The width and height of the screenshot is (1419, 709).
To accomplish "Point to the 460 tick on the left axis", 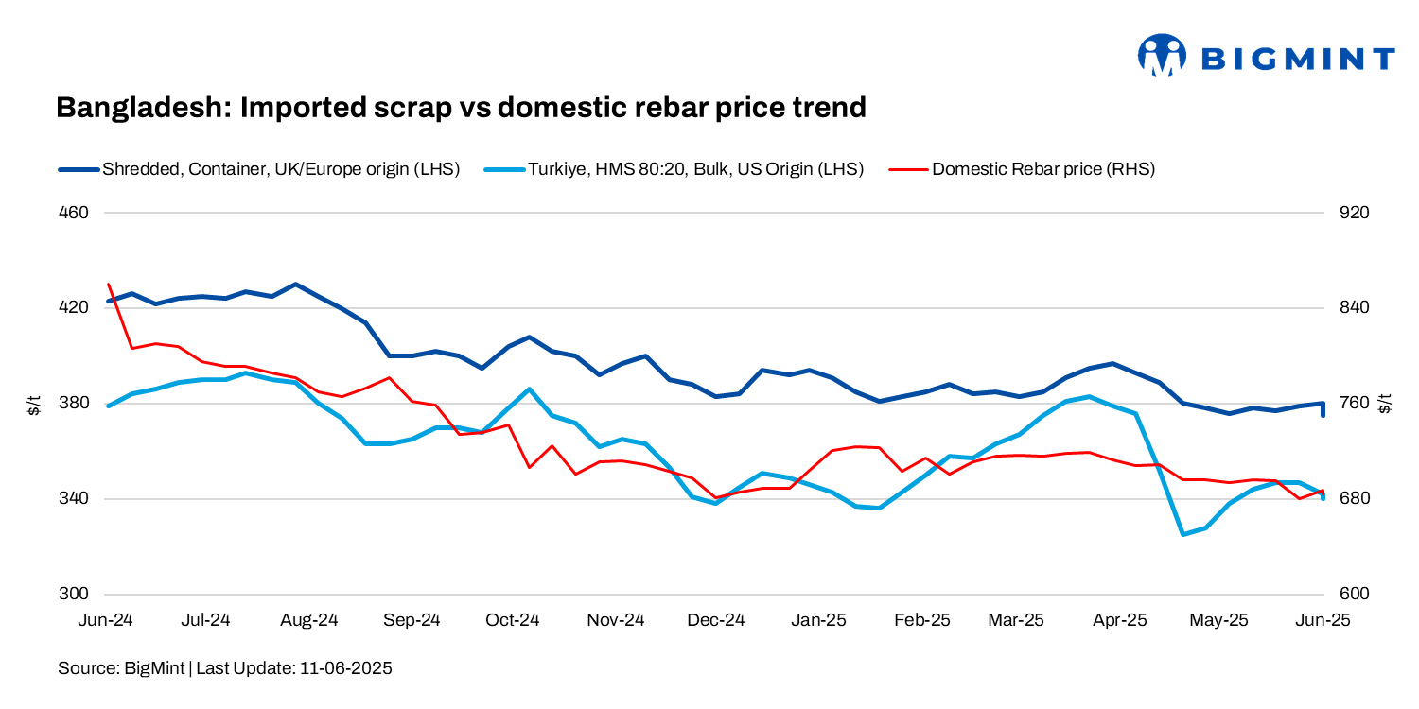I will [74, 213].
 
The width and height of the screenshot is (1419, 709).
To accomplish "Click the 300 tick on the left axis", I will [74, 595].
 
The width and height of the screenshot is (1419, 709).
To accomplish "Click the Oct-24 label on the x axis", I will [513, 621].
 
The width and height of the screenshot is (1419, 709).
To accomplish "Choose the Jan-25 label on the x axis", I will [818, 621].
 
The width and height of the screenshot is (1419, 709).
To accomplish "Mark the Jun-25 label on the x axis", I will [1323, 621].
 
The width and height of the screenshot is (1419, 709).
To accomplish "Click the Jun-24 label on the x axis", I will [104, 621].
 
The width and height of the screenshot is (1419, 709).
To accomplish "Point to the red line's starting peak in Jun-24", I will [109, 284].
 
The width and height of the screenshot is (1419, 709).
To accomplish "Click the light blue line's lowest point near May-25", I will [1182, 534].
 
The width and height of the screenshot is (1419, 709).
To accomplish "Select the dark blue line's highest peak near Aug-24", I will [296, 284].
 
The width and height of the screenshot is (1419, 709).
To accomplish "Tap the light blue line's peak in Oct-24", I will [529, 389].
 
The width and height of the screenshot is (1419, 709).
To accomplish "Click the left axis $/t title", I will [34, 404].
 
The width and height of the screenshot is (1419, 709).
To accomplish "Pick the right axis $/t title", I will [1387, 404].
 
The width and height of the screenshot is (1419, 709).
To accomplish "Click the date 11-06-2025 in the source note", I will [345, 668].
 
